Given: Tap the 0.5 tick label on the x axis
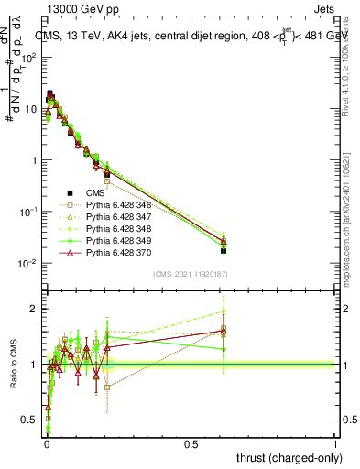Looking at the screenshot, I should click(x=191, y=444).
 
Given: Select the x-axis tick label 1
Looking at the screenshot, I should click(x=335, y=444).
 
